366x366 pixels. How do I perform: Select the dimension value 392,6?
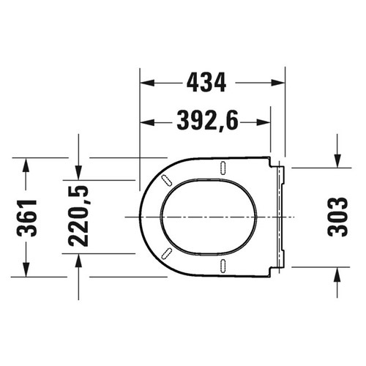(x=207, y=122)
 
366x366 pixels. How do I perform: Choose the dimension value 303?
(x=337, y=217)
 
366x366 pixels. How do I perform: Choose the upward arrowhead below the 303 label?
(x=337, y=273)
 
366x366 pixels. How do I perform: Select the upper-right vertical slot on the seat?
(x=220, y=168)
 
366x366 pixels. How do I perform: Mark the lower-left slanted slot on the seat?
(x=166, y=253)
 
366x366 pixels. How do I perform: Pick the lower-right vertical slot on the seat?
(x=220, y=266)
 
